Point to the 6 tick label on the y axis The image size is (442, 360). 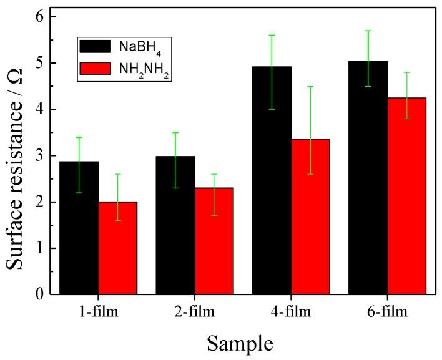(42, 17)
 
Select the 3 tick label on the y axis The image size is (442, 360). (42, 155)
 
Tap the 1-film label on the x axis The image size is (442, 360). (98, 310)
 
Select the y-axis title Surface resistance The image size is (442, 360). (17, 156)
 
